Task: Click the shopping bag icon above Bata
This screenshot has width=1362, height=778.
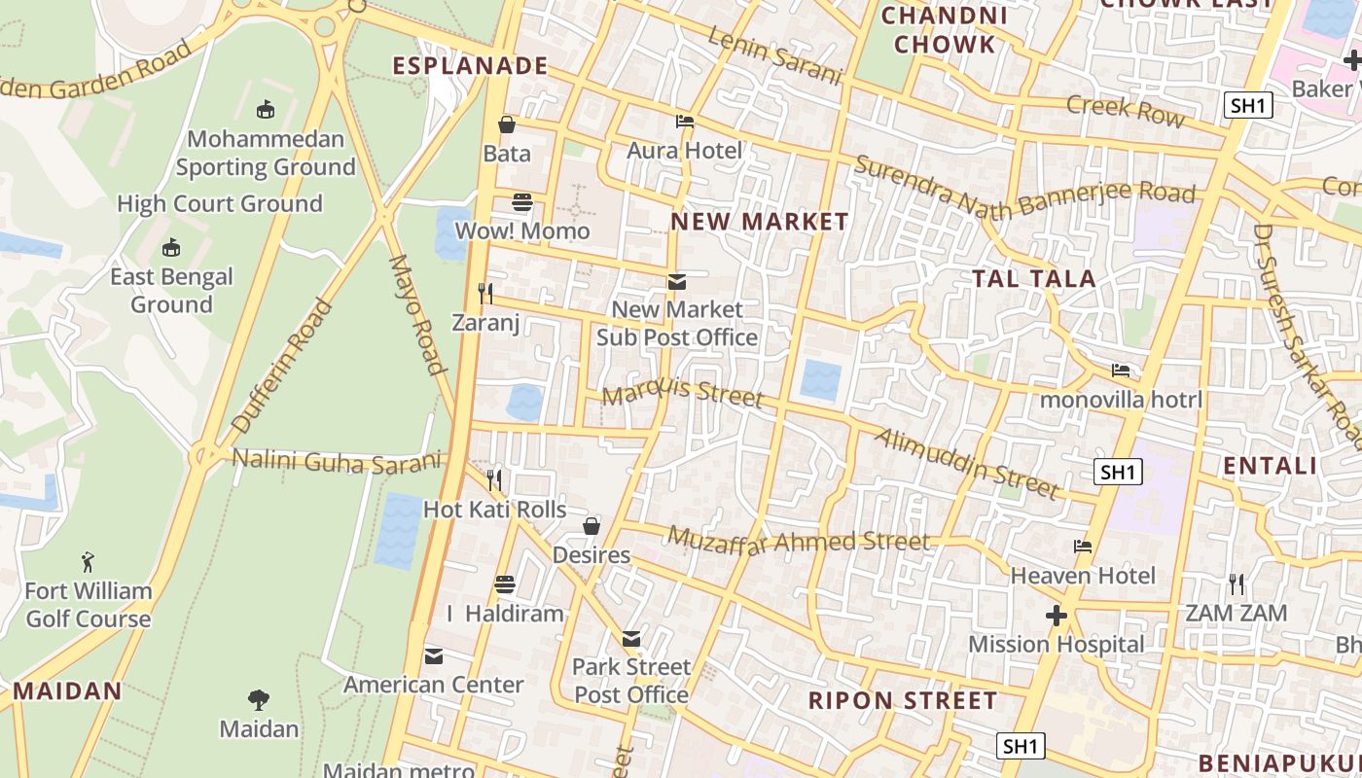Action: tap(507, 124)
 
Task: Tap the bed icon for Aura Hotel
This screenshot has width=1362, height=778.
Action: tap(685, 122)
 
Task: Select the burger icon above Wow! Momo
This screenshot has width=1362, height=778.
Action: tap(522, 202)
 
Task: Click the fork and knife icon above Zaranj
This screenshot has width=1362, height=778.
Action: tap(485, 293)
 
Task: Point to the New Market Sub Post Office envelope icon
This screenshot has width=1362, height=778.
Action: tap(677, 282)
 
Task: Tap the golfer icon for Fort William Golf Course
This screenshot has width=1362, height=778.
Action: tap(89, 562)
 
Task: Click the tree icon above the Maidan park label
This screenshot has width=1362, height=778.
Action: tap(259, 699)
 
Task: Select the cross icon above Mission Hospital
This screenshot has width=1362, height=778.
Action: tap(1056, 616)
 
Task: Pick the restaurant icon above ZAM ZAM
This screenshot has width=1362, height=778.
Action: tap(1237, 584)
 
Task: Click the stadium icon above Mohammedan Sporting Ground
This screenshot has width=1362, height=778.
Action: tap(266, 109)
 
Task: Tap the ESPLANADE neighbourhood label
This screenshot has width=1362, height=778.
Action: tap(471, 66)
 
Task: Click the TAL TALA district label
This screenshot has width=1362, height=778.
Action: tap(1034, 279)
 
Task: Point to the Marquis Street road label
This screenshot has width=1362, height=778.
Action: tap(683, 393)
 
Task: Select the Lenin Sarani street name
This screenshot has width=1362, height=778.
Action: tap(773, 55)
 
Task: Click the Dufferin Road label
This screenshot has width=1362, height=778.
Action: tap(283, 367)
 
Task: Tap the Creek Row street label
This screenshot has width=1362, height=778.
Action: tap(1126, 111)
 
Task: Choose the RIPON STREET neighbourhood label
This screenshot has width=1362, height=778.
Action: tap(903, 700)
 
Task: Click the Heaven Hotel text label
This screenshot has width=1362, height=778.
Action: tap(1083, 576)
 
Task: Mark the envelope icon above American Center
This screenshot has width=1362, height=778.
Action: tap(434, 656)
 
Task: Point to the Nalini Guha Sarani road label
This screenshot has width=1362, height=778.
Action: tap(337, 461)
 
